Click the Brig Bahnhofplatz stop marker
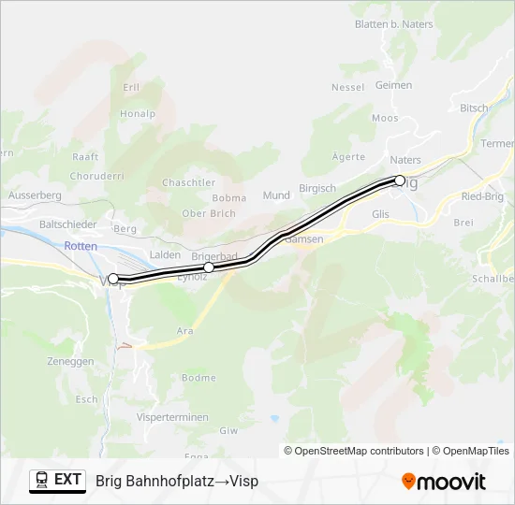pyautogui.click(x=400, y=180)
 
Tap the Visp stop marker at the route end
pyautogui.click(x=113, y=279)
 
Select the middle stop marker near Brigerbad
pyautogui.click(x=209, y=267)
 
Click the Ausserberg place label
pyautogui.click(x=35, y=195)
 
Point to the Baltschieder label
pyautogui.click(x=68, y=224)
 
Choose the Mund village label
pyautogui.click(x=276, y=195)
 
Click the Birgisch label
pyautogui.click(x=316, y=188)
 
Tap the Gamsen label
pyautogui.click(x=304, y=239)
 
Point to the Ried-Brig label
pyautogui.click(x=483, y=196)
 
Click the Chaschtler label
pyautogui.click(x=189, y=182)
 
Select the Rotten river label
pyautogui.click(x=81, y=245)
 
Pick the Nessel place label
pyautogui.click(x=347, y=87)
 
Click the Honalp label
pyautogui.click(x=138, y=113)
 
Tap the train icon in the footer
pyautogui.click(x=41, y=481)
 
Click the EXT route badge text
pyautogui.click(x=68, y=480)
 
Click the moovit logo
pyautogui.click(x=444, y=482)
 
